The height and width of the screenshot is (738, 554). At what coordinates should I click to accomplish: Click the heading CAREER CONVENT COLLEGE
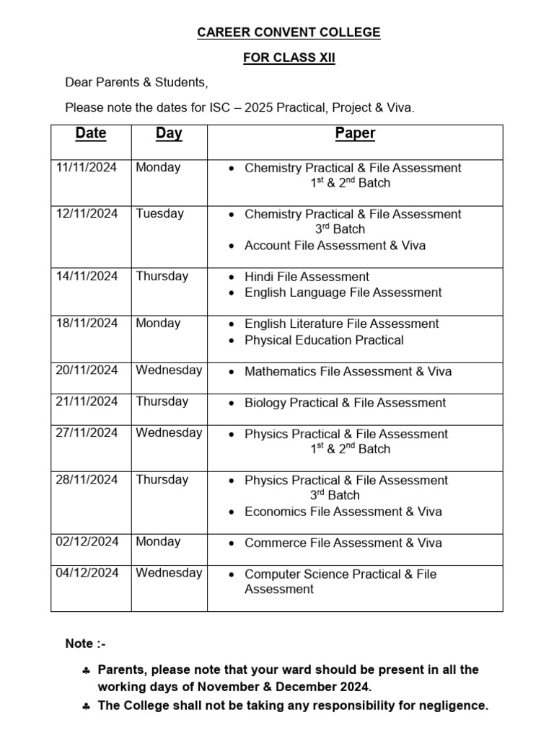pyautogui.click(x=289, y=32)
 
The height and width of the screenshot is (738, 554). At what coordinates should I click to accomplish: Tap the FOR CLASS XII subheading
pyautogui.click(x=289, y=58)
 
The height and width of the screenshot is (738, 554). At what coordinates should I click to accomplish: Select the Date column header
pyautogui.click(x=91, y=133)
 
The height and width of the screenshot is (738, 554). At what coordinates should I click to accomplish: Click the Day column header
pyautogui.click(x=169, y=133)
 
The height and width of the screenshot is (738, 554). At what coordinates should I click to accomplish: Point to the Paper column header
pyautogui.click(x=355, y=133)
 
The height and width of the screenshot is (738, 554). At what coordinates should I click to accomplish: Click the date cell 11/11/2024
pyautogui.click(x=87, y=167)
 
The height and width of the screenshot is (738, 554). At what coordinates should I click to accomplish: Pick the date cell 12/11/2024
pyautogui.click(x=87, y=213)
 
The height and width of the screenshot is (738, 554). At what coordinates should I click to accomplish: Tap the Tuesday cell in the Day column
pyautogui.click(x=159, y=213)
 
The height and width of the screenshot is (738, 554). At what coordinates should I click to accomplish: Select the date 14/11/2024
pyautogui.click(x=87, y=276)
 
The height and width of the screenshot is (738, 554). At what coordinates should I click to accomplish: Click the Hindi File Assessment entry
pyautogui.click(x=307, y=277)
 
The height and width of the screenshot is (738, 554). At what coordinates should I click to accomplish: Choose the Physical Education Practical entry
pyautogui.click(x=324, y=340)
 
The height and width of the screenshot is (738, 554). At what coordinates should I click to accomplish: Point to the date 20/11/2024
pyautogui.click(x=87, y=370)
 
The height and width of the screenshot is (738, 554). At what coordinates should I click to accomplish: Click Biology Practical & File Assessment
pyautogui.click(x=345, y=403)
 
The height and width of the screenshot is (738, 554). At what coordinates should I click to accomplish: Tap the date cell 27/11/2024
pyautogui.click(x=87, y=432)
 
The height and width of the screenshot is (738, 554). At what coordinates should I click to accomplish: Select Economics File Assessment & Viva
pyautogui.click(x=343, y=512)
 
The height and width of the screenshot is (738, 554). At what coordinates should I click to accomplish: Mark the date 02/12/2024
pyautogui.click(x=87, y=542)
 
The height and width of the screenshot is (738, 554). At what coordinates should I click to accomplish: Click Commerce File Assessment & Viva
pyautogui.click(x=343, y=543)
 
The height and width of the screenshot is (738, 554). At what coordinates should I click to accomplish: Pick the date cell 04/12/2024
pyautogui.click(x=87, y=573)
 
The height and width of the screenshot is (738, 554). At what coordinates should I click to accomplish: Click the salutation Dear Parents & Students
pyautogui.click(x=136, y=83)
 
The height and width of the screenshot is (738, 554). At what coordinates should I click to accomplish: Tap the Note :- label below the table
pyautogui.click(x=85, y=644)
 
